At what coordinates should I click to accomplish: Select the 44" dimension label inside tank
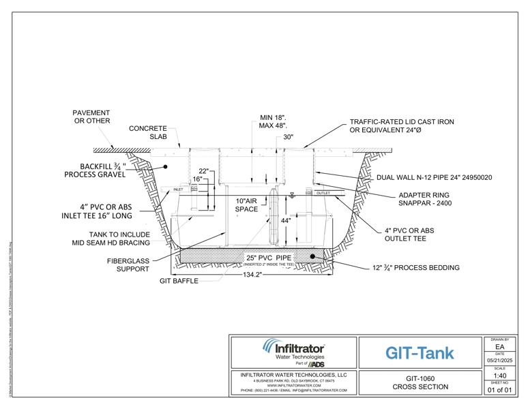pyautogui.click(x=285, y=221)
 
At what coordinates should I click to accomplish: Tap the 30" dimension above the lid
pyautogui.click(x=289, y=137)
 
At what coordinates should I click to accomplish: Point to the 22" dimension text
pyautogui.click(x=203, y=170)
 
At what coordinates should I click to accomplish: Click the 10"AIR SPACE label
pyautogui.click(x=248, y=205)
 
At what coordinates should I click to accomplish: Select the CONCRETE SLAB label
pyautogui.click(x=148, y=132)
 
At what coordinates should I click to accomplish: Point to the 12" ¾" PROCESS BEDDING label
pyautogui.click(x=415, y=268)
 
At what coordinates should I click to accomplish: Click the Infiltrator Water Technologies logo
pyautogui.click(x=294, y=352)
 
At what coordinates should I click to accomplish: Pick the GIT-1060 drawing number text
pyautogui.click(x=420, y=378)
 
